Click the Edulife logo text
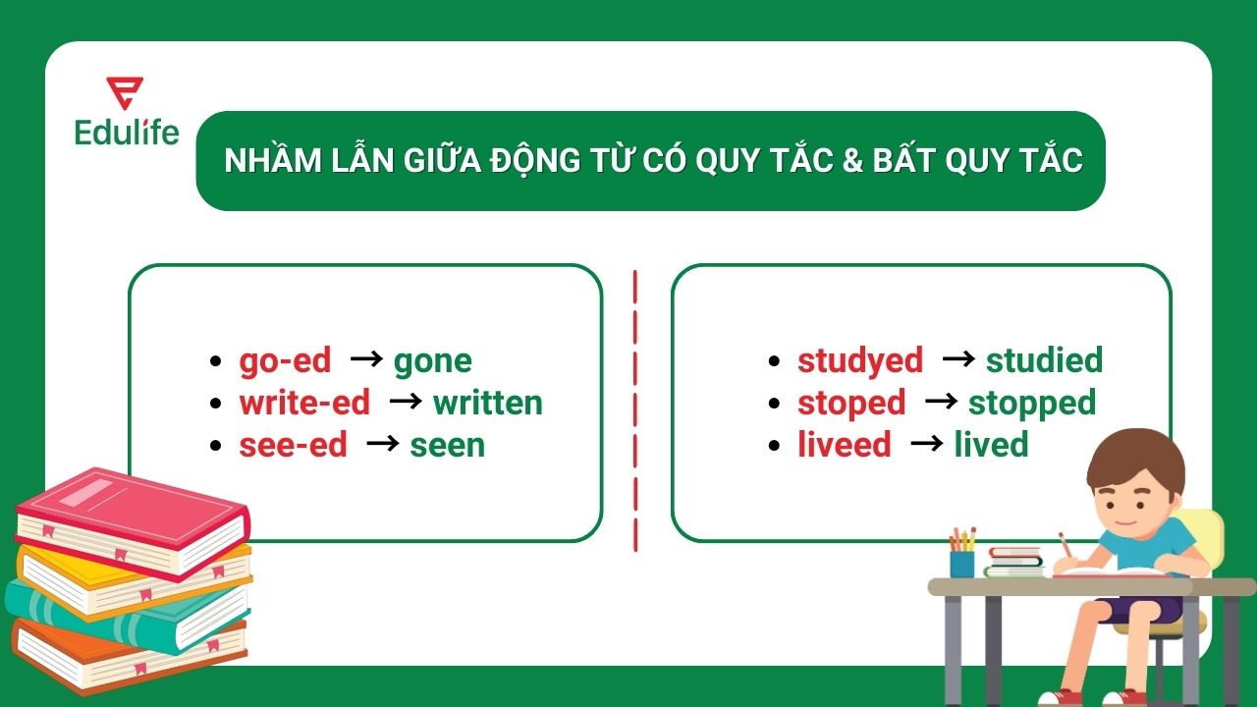point(127,132)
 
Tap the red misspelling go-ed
point(285,360)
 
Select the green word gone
point(432,361)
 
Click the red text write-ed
point(304,403)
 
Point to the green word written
point(487,403)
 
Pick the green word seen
point(447,445)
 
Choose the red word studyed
point(859,360)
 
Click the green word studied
point(1044,360)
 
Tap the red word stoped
point(850,403)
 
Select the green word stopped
point(1031,403)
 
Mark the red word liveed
point(844,445)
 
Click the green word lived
point(991,445)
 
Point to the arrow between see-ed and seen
point(382,444)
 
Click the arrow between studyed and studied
point(957,358)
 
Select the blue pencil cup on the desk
point(961,564)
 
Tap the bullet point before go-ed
point(216,361)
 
